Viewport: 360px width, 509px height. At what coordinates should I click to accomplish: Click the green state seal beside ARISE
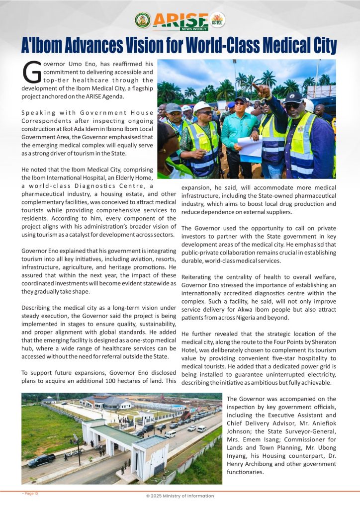(143, 20)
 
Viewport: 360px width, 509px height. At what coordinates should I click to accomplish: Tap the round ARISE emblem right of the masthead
(217, 20)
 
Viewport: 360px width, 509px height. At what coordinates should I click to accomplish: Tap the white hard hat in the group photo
(202, 106)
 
